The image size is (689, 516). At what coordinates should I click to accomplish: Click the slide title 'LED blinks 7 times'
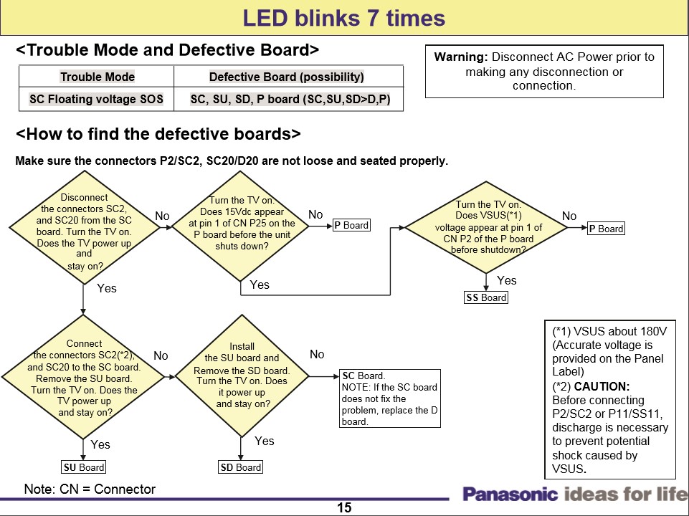pyautogui.click(x=344, y=18)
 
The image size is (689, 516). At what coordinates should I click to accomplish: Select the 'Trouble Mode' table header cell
pyautogui.click(x=98, y=77)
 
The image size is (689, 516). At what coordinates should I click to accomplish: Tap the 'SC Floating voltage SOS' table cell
pyautogui.click(x=96, y=99)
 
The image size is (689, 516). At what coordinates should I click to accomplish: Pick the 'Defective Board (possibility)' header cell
pyautogui.click(x=287, y=77)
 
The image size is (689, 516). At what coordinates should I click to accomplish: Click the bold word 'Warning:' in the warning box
pyautogui.click(x=461, y=57)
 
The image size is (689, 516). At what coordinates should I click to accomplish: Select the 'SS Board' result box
pyautogui.click(x=486, y=297)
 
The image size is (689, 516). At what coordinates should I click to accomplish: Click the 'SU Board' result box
pyautogui.click(x=84, y=467)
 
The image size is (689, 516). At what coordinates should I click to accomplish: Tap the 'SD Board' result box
pyautogui.click(x=240, y=467)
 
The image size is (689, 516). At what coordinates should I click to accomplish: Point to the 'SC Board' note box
pyautogui.click(x=389, y=398)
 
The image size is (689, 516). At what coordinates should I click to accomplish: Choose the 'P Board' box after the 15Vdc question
pyautogui.click(x=351, y=225)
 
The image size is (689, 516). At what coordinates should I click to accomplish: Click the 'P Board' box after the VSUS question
pyautogui.click(x=606, y=229)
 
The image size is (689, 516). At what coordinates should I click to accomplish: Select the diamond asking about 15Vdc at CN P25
pyautogui.click(x=242, y=224)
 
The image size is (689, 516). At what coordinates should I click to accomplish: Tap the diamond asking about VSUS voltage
pyautogui.click(x=488, y=227)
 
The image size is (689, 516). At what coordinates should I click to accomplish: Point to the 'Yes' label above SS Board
pyautogui.click(x=506, y=280)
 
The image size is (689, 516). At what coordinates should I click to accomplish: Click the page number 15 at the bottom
pyautogui.click(x=344, y=507)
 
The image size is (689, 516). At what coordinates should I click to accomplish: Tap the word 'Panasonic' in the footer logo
pyautogui.click(x=510, y=494)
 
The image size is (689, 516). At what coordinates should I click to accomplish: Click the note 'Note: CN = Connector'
pyautogui.click(x=90, y=489)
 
